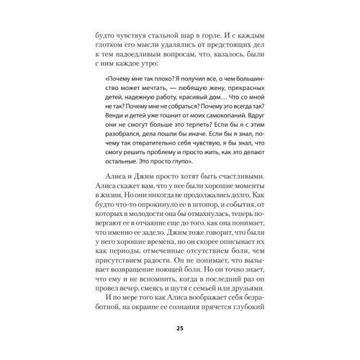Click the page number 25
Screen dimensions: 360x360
pyautogui.click(x=179, y=329)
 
